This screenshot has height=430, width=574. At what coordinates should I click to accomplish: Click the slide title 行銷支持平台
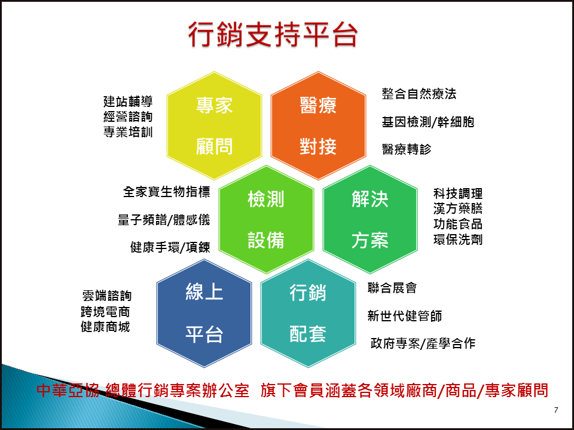point(273,35)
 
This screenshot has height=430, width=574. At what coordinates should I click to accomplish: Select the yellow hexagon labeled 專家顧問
point(214,125)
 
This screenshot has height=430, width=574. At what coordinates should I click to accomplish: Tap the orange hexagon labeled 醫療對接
point(318,125)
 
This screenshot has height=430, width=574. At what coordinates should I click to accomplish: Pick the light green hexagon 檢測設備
point(266,219)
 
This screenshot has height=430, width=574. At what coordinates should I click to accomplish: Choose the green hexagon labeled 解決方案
point(370,219)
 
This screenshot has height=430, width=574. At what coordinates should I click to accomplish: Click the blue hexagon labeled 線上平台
point(204,314)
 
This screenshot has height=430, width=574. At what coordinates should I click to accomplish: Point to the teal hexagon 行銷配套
point(308,314)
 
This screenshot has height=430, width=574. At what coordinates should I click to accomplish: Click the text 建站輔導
point(128,102)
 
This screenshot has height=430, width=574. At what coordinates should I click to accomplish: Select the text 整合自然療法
point(419,94)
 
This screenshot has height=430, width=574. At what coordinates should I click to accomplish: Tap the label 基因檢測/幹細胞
point(428,121)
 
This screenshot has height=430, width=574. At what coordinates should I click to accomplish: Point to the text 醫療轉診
point(407,149)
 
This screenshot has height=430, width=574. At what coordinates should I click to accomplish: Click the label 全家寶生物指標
point(166,192)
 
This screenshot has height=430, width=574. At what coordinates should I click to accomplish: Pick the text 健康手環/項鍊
point(170,247)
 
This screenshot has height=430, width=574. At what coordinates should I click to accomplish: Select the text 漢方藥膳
point(458,208)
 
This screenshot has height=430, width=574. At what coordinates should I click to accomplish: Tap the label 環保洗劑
point(458,239)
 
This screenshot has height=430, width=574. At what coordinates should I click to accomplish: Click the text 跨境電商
point(105,312)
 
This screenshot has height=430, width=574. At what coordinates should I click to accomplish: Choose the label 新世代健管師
point(405,315)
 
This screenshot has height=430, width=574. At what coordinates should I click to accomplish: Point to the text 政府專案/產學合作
point(423,343)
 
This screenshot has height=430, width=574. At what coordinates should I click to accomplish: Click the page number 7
point(556,410)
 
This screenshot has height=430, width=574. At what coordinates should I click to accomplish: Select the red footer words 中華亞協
point(68,390)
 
